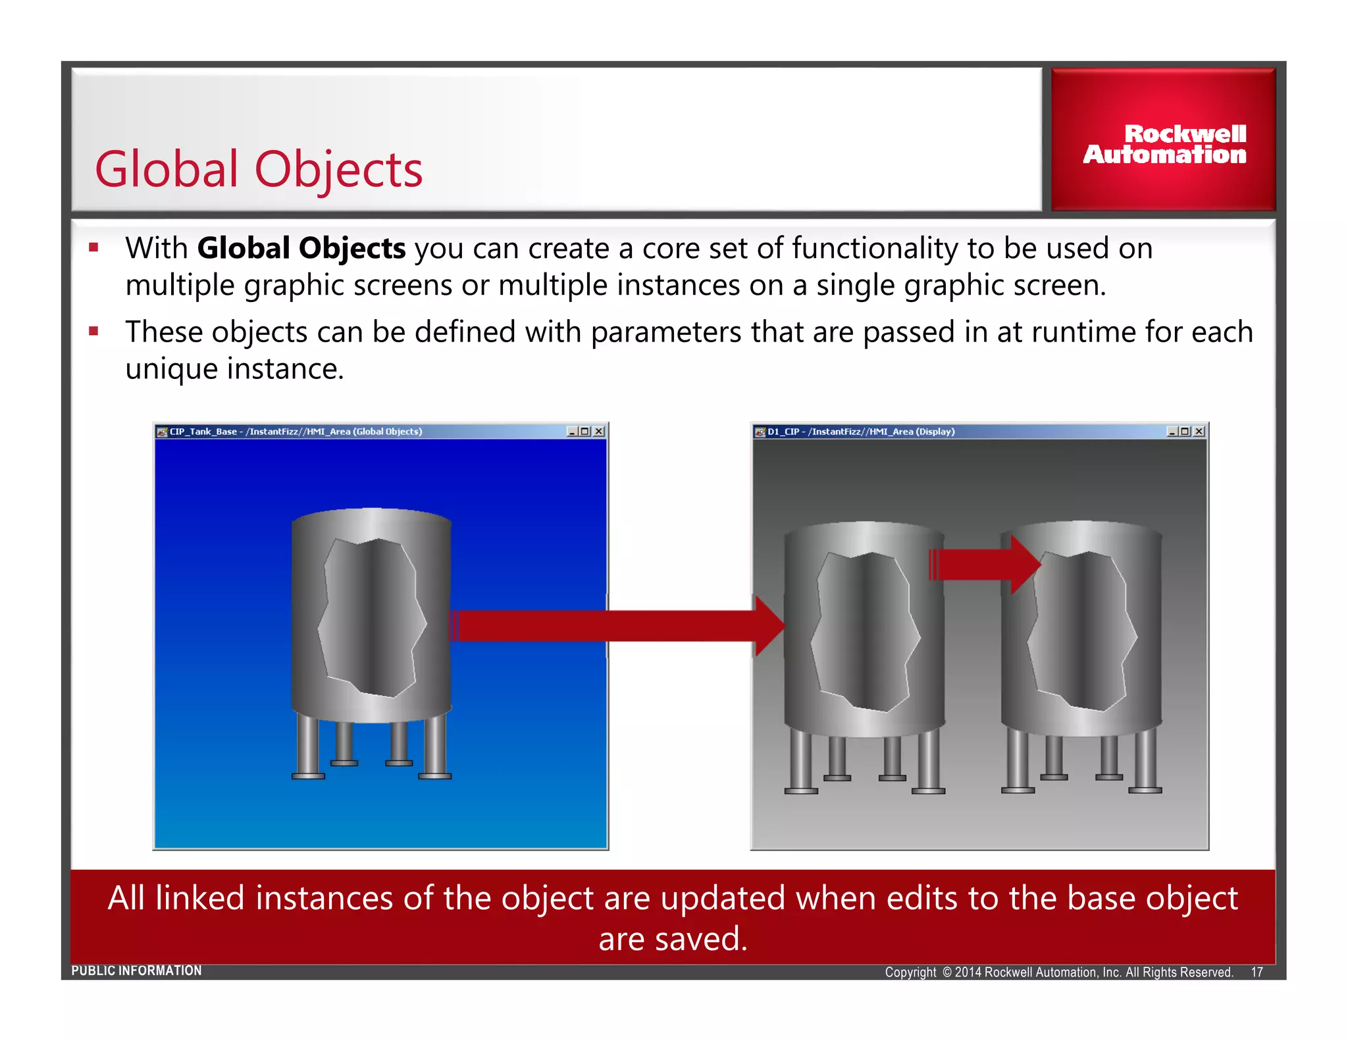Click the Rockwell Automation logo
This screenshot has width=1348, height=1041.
coord(1164,143)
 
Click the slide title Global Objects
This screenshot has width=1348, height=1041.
coord(259,170)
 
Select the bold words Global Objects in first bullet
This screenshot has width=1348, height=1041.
coord(301,249)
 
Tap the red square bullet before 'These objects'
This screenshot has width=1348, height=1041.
coord(93,332)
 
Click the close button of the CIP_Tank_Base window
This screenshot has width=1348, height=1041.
coord(599,432)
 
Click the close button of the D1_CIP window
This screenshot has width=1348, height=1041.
coord(1199,432)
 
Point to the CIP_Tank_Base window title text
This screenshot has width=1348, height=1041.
coord(296,432)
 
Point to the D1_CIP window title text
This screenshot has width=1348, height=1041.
coord(861,432)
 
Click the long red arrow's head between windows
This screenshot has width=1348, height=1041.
coord(769,626)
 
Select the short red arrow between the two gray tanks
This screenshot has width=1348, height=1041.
coord(984,565)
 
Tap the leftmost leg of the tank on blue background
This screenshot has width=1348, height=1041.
coord(307,747)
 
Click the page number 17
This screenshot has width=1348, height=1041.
coord(1257,972)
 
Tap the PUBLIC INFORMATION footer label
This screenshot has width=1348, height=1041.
coord(136,971)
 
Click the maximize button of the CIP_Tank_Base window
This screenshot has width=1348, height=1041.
coord(584,432)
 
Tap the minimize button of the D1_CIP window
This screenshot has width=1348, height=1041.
coord(1172,432)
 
